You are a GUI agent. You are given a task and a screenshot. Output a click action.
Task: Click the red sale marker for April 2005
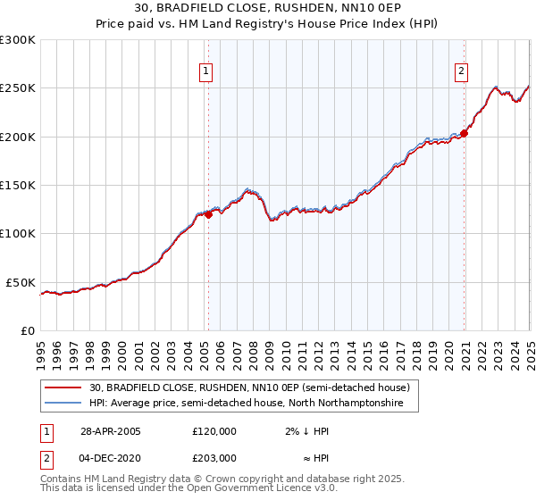pyautogui.click(x=208, y=214)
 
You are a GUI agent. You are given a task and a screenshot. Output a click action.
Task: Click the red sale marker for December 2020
pyautogui.click(x=465, y=134)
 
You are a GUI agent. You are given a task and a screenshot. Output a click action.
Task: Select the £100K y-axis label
pyautogui.click(x=18, y=234)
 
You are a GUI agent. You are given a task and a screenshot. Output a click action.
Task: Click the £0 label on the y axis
pyautogui.click(x=27, y=330)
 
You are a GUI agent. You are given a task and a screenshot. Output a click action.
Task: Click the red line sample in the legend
pyautogui.click(x=63, y=387)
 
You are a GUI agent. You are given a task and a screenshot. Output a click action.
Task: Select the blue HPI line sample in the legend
pyautogui.click(x=63, y=404)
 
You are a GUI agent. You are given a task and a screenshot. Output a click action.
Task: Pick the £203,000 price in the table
pyautogui.click(x=214, y=458)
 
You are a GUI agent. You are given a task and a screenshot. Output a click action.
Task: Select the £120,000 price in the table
pyautogui.click(x=214, y=431)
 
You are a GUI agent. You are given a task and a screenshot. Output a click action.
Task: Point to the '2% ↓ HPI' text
pyautogui.click(x=306, y=431)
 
